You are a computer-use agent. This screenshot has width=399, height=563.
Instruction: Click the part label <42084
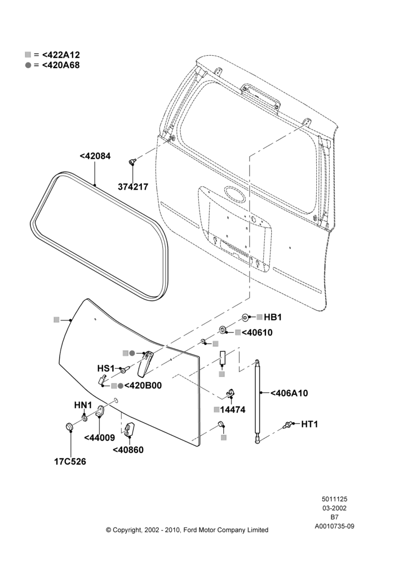point(95,156)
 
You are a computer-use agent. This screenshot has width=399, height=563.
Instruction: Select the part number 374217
point(133,187)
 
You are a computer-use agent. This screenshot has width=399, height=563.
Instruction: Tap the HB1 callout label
point(273,318)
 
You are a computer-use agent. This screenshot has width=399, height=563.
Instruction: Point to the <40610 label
point(257,333)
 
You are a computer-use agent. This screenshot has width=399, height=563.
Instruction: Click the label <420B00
point(143,386)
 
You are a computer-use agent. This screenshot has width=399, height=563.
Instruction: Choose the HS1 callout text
point(106,368)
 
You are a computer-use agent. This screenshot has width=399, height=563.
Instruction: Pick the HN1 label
point(83,405)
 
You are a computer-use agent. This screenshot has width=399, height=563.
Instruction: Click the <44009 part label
point(100,437)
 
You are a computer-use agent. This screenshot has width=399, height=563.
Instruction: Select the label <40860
point(128,450)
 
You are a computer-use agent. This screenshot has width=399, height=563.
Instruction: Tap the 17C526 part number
point(70,462)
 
